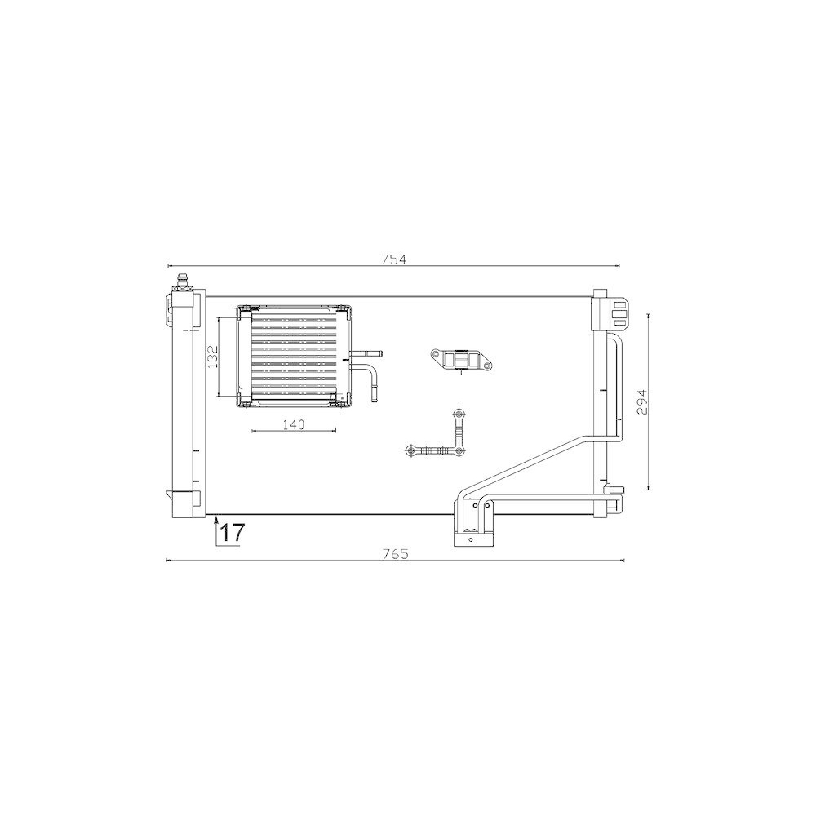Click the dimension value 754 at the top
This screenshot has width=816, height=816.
click(393, 259)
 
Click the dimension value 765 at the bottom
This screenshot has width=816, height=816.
click(397, 554)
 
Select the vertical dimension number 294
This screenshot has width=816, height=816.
click(643, 401)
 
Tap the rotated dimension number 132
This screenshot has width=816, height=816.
click(213, 357)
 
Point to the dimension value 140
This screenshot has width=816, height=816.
click(294, 424)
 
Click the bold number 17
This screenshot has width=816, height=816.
click(232, 533)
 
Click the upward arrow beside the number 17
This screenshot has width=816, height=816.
click(215, 530)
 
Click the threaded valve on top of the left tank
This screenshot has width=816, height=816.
click(182, 282)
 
